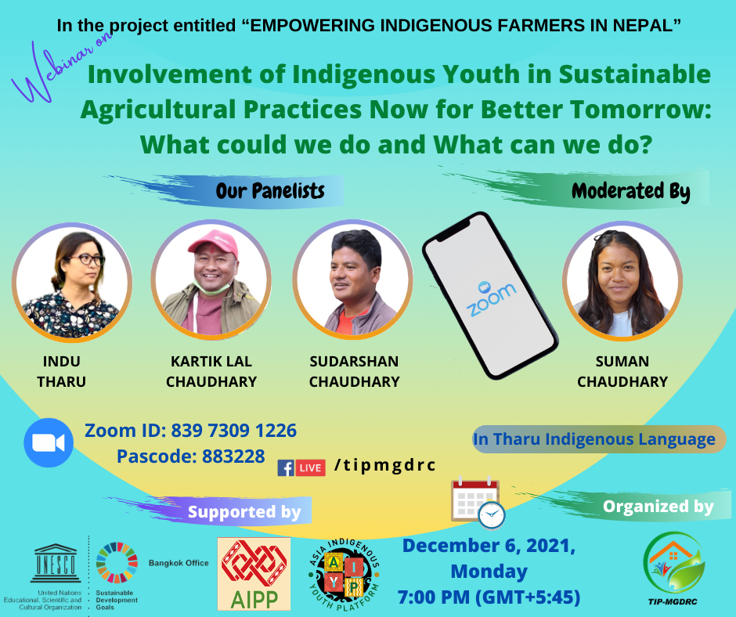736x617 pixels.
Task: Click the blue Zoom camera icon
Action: point(49,442)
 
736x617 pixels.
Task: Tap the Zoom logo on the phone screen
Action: point(491,298)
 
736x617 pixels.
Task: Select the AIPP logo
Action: point(254,574)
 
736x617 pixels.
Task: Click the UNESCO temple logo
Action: point(56,563)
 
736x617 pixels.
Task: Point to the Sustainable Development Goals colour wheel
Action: point(117,562)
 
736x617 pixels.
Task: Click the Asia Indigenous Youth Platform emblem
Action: point(344,574)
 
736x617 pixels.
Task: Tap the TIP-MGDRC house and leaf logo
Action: point(673,562)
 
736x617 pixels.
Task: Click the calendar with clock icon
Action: point(478,503)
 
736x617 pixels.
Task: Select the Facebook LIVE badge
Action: point(301,467)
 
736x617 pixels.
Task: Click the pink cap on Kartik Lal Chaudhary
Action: point(214,242)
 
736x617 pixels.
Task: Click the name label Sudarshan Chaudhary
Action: point(354,371)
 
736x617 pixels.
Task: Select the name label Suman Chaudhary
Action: point(622,371)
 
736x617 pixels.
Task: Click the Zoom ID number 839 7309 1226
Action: point(234,431)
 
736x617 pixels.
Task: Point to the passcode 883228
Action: point(233,456)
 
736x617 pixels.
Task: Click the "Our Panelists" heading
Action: point(270,190)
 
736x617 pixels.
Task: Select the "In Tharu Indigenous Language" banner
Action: point(600,439)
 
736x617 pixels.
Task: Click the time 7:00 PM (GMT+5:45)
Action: point(489,597)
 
